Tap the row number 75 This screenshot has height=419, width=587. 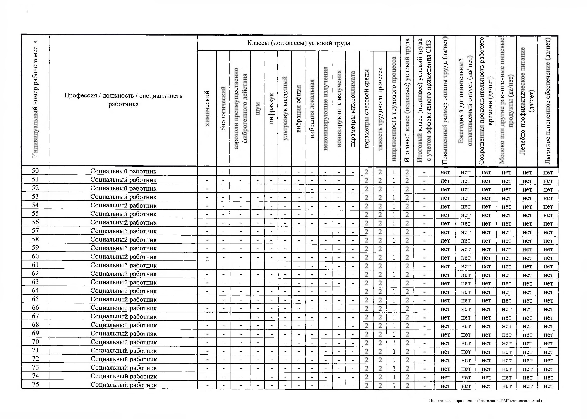pyautogui.click(x=35, y=384)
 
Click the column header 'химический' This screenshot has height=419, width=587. pyautogui.click(x=207, y=108)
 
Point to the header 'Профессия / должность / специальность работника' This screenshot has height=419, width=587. pyautogui.click(x=123, y=100)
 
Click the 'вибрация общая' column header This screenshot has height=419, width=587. pyautogui.click(x=298, y=108)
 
